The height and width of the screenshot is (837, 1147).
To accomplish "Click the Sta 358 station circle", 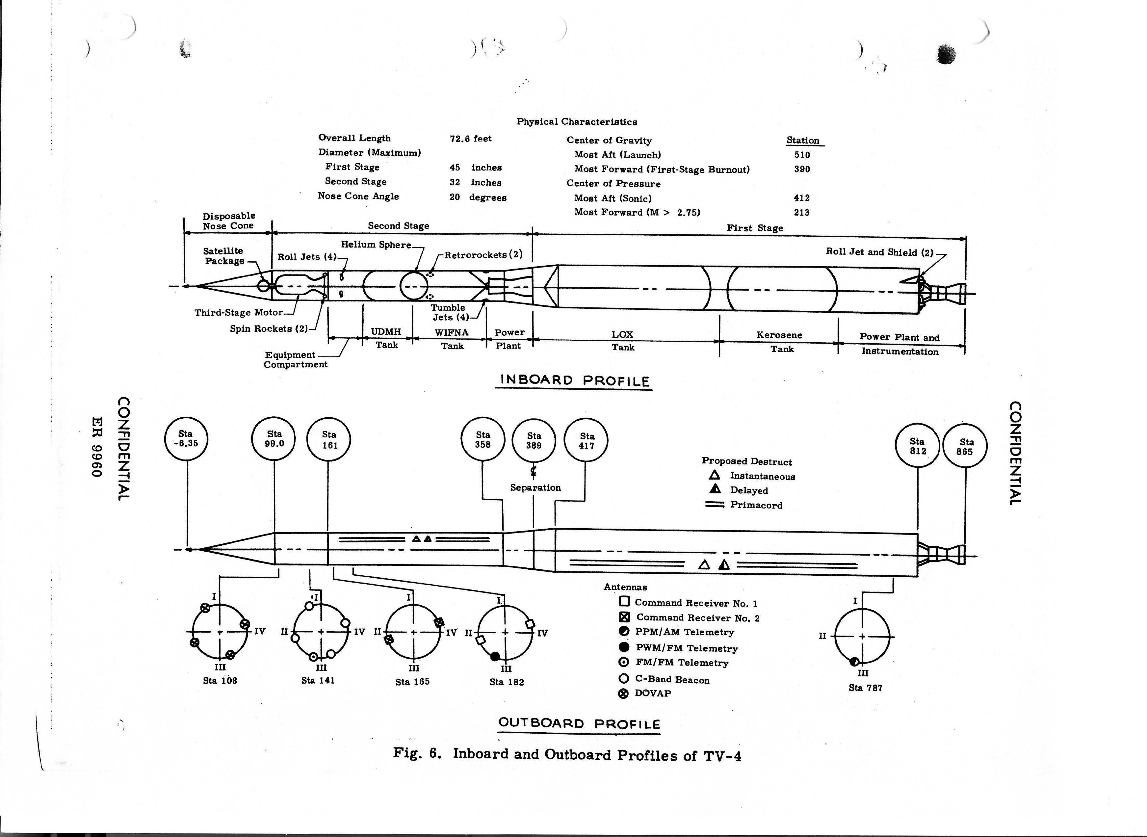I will (483, 440).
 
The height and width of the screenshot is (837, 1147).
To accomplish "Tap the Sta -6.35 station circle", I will (186, 438).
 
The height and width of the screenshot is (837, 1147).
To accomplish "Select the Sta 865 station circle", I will (965, 446).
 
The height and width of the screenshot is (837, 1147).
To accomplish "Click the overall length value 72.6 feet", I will (471, 138).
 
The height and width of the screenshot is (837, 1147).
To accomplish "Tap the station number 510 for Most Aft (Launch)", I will (802, 155).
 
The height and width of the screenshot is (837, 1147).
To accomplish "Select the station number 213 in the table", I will (801, 212).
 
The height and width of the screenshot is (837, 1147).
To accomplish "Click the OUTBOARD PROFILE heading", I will (579, 723).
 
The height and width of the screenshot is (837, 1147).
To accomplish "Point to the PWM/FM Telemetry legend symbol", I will (625, 647).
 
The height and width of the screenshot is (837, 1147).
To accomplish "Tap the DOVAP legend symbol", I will (624, 693).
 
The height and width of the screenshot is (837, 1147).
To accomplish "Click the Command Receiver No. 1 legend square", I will (625, 602).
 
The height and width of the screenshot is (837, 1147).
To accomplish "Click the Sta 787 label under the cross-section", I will (865, 688).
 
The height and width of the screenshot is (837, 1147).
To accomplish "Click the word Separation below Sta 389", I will (535, 487).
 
